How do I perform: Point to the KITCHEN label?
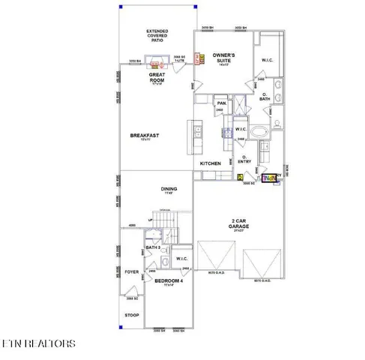click(210, 163)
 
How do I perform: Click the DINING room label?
click(169, 189)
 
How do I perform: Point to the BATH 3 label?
click(153, 247)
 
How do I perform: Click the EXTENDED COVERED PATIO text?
click(157, 36)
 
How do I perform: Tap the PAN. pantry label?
click(221, 103)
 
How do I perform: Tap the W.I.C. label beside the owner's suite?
click(268, 59)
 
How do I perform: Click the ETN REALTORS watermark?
click(38, 343)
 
